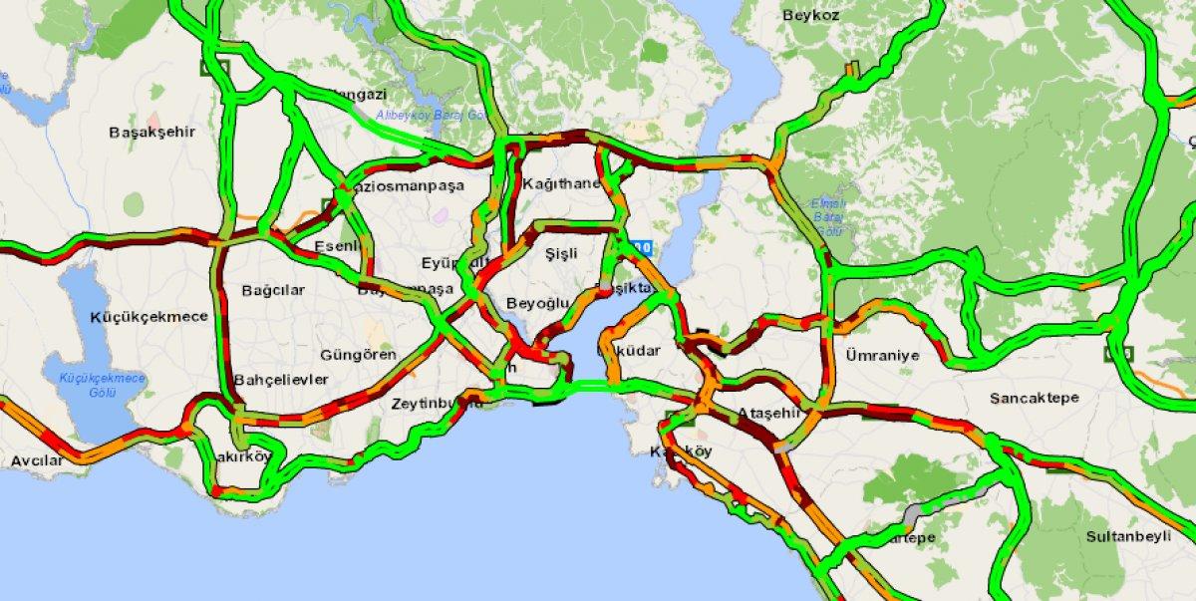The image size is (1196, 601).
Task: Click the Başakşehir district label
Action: pyautogui.click(x=152, y=132)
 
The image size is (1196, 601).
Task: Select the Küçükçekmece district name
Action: pyautogui.click(x=149, y=317)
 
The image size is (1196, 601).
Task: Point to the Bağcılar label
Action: pyautogui.click(x=272, y=291)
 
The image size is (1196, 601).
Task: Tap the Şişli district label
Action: pyautogui.click(x=562, y=254)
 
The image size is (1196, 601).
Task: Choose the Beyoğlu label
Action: pyautogui.click(x=537, y=303)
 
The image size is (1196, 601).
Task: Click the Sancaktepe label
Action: pyautogui.click(x=1033, y=398)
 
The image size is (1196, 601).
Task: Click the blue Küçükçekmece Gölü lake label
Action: pyautogui.click(x=103, y=385)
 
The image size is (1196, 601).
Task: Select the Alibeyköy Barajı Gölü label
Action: pyautogui.click(x=431, y=117)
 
